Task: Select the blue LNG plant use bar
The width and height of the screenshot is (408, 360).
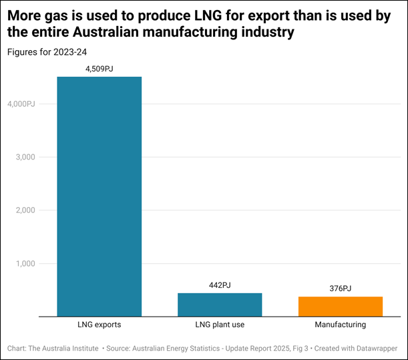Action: tap(219, 304)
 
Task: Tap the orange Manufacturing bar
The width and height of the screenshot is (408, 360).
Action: tap(340, 306)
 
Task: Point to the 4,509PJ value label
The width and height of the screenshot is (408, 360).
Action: tap(99, 68)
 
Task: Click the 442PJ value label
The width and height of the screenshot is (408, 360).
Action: tap(219, 285)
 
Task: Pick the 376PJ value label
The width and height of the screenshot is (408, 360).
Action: tap(340, 289)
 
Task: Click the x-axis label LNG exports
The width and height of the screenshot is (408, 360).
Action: tap(99, 325)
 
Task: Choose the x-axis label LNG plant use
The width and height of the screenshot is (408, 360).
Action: tap(219, 325)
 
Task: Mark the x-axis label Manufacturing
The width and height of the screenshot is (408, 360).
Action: tap(340, 325)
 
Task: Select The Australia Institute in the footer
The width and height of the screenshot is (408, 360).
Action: tap(65, 348)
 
